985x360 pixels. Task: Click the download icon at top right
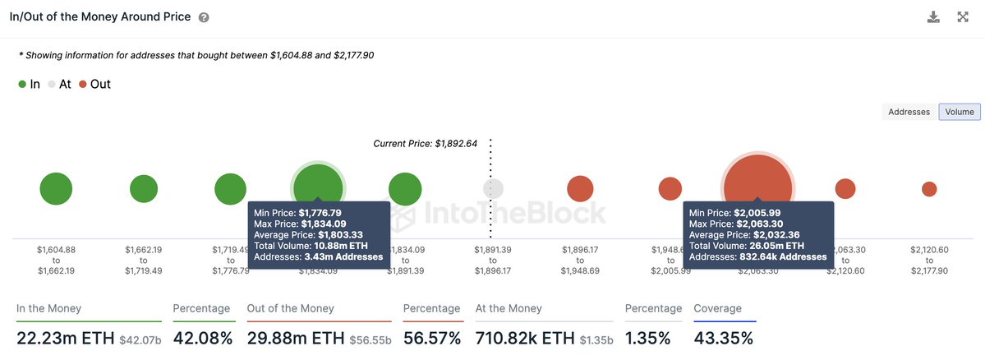point(933,17)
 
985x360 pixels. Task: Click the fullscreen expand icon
point(963,17)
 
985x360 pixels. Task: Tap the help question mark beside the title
point(204,17)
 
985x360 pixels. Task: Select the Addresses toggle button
point(909,112)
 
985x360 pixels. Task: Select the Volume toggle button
point(960,112)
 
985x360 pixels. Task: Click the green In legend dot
point(22,84)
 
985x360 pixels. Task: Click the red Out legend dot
point(84,84)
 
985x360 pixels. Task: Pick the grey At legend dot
point(52,84)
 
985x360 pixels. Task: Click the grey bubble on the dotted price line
point(493,188)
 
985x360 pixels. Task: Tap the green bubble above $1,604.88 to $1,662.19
point(56,189)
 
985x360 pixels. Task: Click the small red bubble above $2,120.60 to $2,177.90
point(929,189)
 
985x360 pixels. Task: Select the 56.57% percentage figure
point(433,337)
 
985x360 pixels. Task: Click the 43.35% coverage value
point(724,337)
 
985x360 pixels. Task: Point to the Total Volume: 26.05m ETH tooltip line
point(747,245)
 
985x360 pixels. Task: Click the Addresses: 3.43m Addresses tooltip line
point(319,256)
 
